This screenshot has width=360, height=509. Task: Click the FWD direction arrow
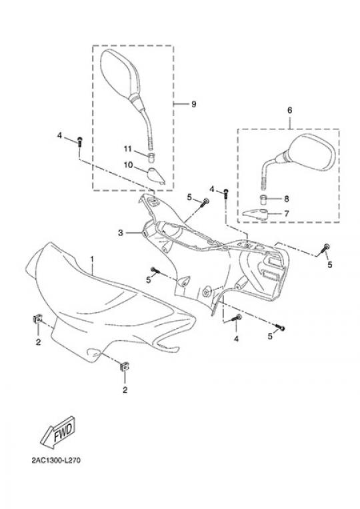click(x=59, y=432)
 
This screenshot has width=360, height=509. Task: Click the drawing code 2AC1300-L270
click(x=56, y=460)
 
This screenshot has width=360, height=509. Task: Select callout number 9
click(x=193, y=104)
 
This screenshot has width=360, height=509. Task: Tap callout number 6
click(x=289, y=110)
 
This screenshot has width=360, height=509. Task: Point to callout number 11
click(x=127, y=149)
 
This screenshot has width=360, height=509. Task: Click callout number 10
click(x=129, y=165)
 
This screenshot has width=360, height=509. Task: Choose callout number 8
click(x=287, y=198)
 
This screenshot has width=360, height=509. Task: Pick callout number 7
click(x=287, y=213)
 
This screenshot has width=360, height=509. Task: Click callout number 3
click(x=120, y=233)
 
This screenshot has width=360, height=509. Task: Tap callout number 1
click(x=92, y=259)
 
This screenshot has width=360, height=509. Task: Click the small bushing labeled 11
click(x=151, y=157)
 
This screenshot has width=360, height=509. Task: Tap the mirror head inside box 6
click(x=311, y=151)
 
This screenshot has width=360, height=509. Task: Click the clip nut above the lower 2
click(x=124, y=367)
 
